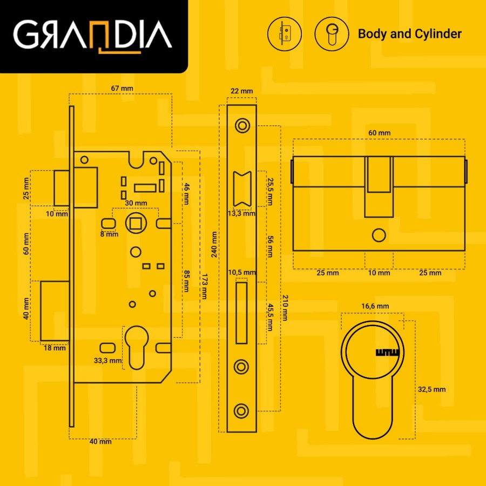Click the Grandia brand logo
click(92, 36)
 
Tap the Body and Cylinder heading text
click(410, 34)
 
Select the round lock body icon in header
click(285, 34)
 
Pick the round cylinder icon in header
click(332, 34)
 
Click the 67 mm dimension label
click(122, 89)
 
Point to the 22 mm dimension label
click(242, 91)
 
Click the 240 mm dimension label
click(214, 244)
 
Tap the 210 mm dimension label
click(285, 307)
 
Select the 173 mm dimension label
click(205, 286)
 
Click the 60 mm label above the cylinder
click(380, 133)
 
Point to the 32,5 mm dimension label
click(432, 389)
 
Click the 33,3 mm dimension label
click(107, 361)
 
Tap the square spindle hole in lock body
click(136, 223)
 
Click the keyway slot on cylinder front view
click(387, 353)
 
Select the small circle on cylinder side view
click(379, 235)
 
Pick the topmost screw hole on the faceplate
click(242, 126)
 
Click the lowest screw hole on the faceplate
click(241, 411)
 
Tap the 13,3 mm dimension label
click(241, 213)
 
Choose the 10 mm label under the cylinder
click(379, 273)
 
